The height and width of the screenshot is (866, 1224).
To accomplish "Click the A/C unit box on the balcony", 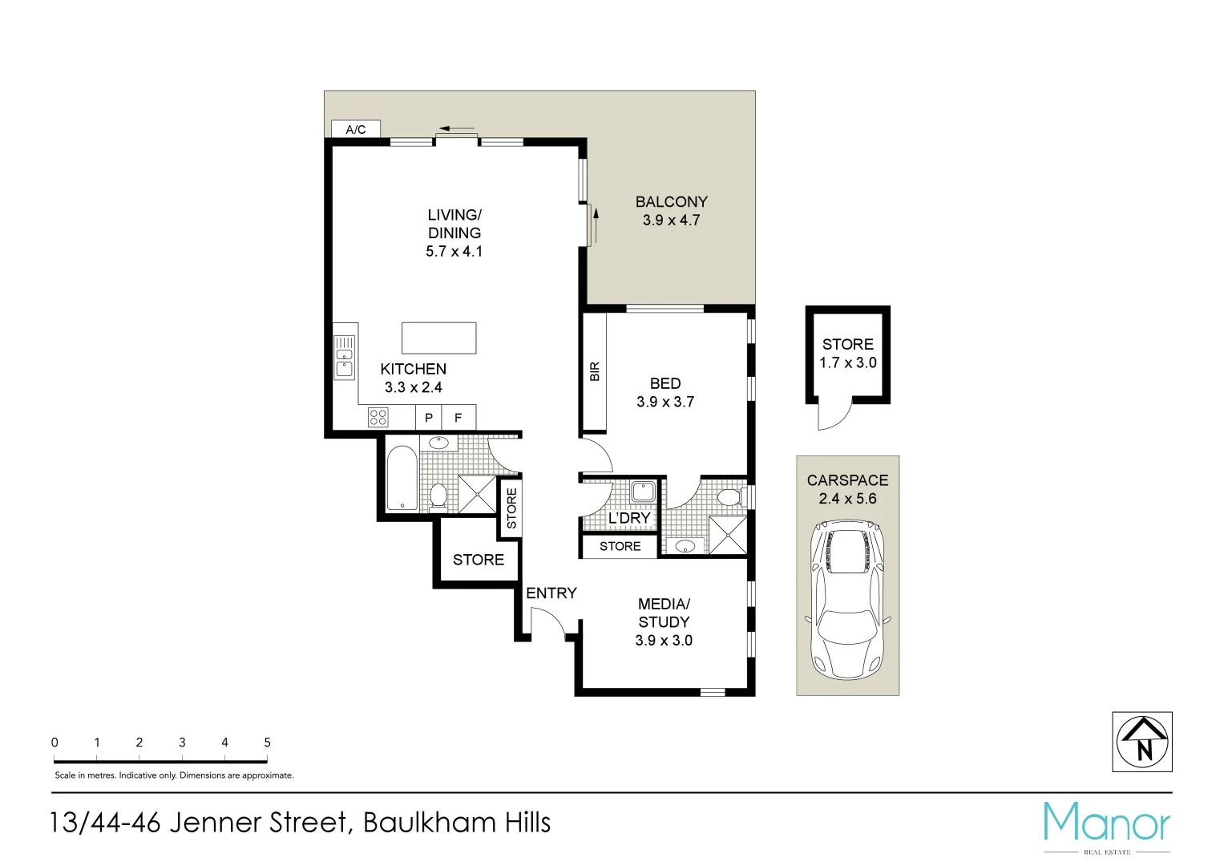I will [x=355, y=129].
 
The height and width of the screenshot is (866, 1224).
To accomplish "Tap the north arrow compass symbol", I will [x=1143, y=742].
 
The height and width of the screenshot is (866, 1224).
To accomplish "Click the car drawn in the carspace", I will [x=847, y=597].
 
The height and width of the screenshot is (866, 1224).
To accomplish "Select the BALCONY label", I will [x=671, y=202].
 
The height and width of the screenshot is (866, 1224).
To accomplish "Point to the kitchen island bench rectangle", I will [x=438, y=338].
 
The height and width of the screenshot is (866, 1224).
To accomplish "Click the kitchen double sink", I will [x=344, y=358].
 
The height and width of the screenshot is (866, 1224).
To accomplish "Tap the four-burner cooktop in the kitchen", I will [x=378, y=417].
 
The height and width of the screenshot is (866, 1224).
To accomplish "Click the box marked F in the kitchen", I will [x=458, y=417].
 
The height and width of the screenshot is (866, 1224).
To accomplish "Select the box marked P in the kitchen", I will [x=429, y=417].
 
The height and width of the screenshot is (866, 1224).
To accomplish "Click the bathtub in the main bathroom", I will [x=401, y=479].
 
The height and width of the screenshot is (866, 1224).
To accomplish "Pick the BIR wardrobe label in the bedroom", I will [x=594, y=371].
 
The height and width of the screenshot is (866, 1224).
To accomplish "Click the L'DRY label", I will [x=628, y=519].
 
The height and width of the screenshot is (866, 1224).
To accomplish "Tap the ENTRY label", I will [x=551, y=593].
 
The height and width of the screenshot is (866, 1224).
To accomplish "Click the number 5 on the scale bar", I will [x=267, y=743].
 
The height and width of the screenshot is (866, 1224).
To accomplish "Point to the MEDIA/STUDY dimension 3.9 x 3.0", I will [x=664, y=641].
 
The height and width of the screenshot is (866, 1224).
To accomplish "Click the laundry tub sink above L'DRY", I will [x=644, y=492].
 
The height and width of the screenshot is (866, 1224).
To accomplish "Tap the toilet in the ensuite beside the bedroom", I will [x=728, y=497].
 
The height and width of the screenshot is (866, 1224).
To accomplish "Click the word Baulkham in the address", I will [x=429, y=824].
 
